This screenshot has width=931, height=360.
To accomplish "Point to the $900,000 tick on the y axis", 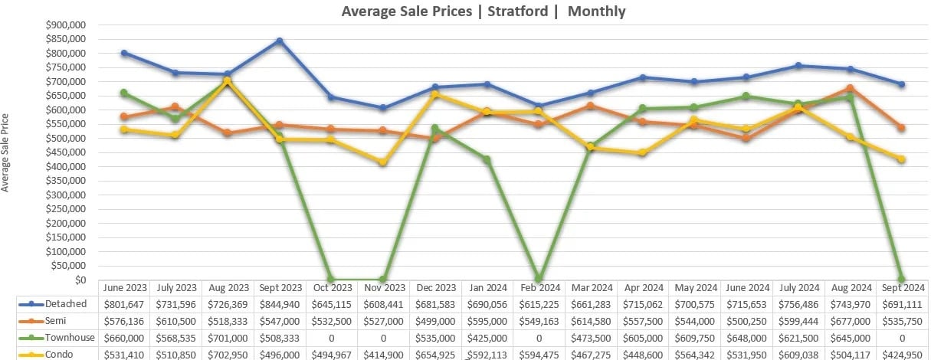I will [x=68, y=25].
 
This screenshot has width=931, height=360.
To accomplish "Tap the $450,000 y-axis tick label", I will [x=68, y=166].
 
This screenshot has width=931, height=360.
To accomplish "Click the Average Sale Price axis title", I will [x=7, y=152].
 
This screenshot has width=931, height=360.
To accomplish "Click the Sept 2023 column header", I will [x=280, y=287].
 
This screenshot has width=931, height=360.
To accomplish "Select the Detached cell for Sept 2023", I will [x=280, y=304].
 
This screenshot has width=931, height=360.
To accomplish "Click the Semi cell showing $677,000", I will [x=851, y=321].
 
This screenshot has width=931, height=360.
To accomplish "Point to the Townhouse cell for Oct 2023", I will [x=332, y=338].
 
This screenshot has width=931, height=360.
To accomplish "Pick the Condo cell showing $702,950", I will [x=228, y=354].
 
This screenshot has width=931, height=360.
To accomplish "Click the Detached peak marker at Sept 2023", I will [x=280, y=41].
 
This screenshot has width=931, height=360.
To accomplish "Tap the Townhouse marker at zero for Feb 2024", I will [x=539, y=279].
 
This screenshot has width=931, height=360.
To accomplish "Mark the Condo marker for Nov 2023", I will [x=383, y=162].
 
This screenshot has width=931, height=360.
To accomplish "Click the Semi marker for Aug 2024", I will [x=850, y=88].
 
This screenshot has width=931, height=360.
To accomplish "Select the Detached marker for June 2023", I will [x=124, y=53].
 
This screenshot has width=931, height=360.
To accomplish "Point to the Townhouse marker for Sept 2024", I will [x=901, y=279].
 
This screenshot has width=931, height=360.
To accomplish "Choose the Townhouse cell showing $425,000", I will [x=487, y=338].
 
